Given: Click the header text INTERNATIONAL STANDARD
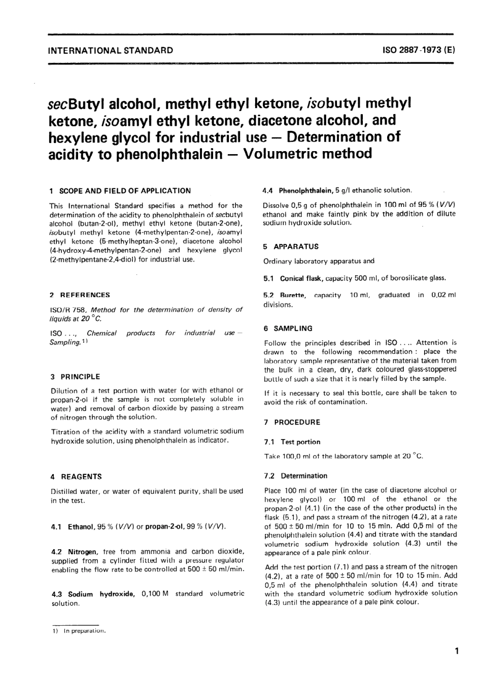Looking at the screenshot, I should [110, 50].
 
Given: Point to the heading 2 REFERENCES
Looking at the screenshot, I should [80, 295].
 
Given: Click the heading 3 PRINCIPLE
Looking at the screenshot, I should [75, 377].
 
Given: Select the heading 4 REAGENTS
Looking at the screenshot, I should [76, 477].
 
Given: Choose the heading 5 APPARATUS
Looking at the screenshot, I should [291, 246].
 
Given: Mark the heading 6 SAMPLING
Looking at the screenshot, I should [288, 329].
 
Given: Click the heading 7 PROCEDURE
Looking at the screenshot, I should [292, 422].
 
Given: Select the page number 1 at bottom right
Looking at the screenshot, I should [457, 651].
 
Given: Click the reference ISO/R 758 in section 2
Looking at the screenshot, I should [68, 310].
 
